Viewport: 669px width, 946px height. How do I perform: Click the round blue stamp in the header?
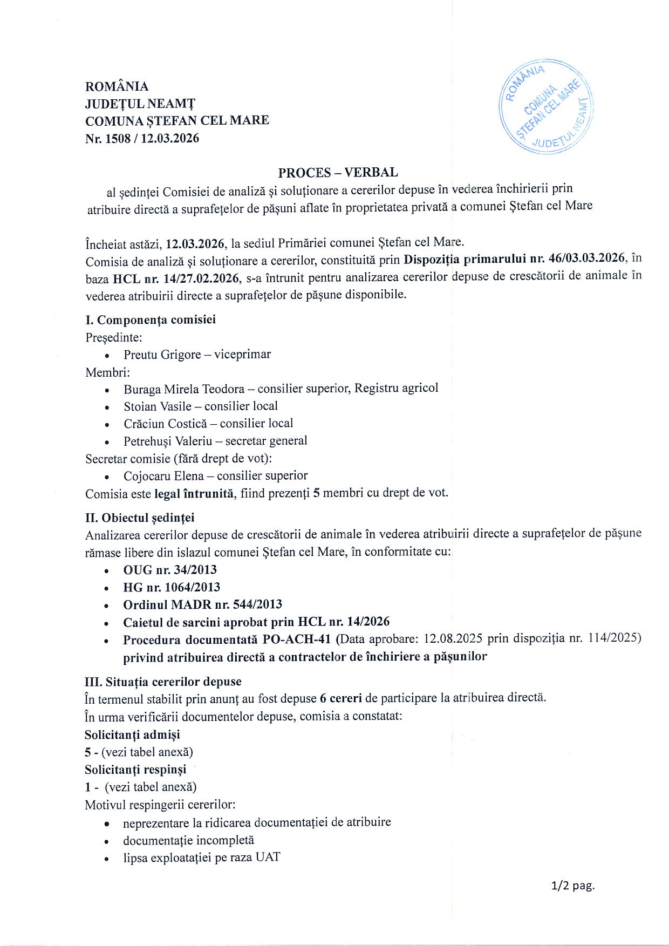coord(546,106)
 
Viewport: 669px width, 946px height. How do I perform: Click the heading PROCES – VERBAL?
coord(338,173)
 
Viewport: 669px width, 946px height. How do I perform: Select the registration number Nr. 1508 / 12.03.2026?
coord(142,139)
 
